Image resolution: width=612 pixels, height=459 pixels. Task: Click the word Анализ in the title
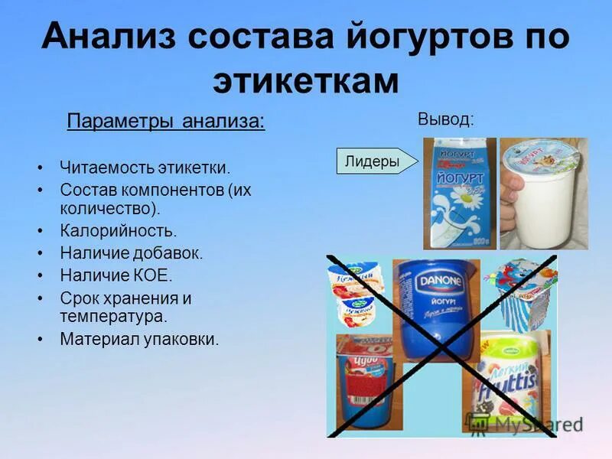108,37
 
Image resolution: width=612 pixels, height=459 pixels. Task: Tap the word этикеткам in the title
305,80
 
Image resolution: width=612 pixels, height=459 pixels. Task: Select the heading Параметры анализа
166,122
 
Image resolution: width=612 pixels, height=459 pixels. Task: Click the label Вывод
445,119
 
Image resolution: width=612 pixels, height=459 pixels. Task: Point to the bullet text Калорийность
119,230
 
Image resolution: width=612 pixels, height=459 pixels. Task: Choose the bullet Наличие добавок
132,253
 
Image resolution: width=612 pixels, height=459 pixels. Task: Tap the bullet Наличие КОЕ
116,275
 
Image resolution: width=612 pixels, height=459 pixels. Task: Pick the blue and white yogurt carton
460,193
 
